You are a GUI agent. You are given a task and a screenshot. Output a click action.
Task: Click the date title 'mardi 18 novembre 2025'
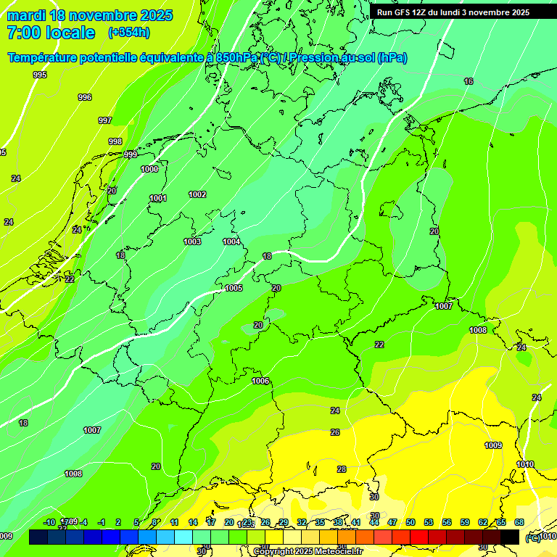tap(89, 15)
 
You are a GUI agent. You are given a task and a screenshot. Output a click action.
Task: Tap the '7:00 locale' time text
tap(51, 33)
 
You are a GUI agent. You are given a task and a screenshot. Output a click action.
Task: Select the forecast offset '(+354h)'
tap(128, 33)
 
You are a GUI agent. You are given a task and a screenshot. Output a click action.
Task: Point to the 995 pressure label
tap(40, 75)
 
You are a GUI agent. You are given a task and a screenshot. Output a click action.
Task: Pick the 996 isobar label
tap(85, 97)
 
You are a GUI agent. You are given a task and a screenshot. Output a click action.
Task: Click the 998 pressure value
tap(115, 141)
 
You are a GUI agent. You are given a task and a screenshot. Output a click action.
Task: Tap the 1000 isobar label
tap(149, 169)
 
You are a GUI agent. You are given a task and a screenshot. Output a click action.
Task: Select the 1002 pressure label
tap(197, 194)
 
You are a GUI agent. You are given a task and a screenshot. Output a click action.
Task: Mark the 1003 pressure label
tap(192, 242)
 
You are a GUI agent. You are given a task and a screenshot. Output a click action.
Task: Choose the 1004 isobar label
tap(231, 242)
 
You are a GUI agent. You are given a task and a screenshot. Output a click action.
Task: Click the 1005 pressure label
tap(234, 288)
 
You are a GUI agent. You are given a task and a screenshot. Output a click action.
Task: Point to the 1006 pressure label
tap(260, 381)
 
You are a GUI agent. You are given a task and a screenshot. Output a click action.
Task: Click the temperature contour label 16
tap(469, 81)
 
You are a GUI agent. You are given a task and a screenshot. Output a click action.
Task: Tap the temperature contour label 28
tap(342, 469)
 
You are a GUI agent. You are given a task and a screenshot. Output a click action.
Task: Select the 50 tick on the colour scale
tap(410, 522)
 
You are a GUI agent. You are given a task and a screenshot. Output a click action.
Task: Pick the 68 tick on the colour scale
tap(519, 522)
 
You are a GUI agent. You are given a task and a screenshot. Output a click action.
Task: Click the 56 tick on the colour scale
tap(447, 522)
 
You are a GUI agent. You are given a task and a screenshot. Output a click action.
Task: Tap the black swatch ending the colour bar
tap(510, 537)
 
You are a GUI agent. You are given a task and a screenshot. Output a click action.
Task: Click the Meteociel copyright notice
tap(307, 552)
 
